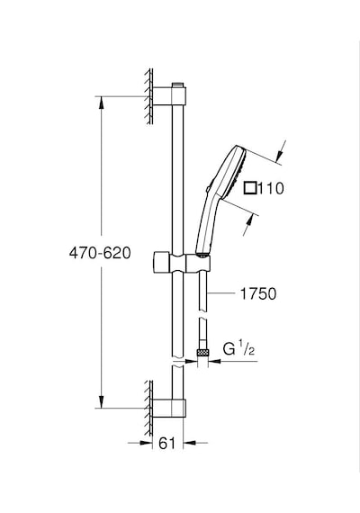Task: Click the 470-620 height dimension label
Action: (x=100, y=253)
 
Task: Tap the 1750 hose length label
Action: (x=258, y=293)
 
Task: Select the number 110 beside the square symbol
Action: (x=271, y=188)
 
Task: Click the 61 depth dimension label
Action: (x=167, y=444)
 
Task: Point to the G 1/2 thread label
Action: (x=238, y=349)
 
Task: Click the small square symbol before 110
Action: (x=250, y=188)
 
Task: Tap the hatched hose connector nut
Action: (x=202, y=353)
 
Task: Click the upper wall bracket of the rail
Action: (x=169, y=96)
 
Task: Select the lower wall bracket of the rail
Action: (x=169, y=409)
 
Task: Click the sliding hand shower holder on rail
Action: (x=181, y=262)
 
